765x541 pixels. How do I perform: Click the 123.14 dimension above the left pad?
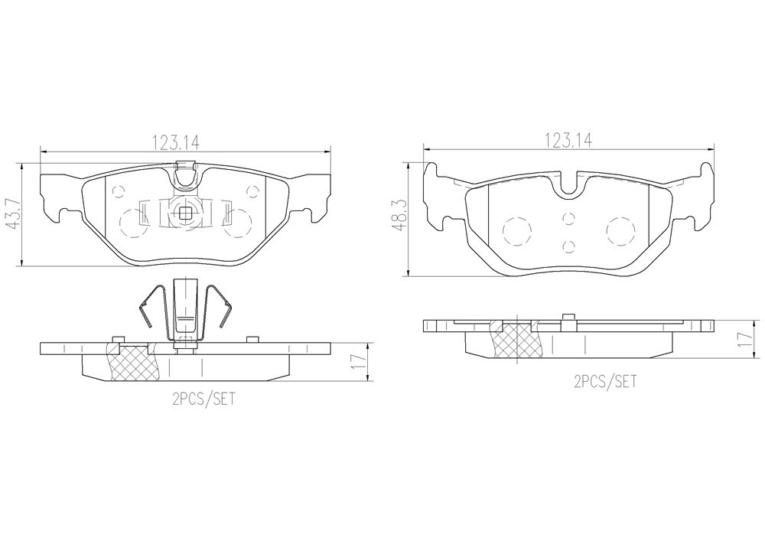(x=177, y=142)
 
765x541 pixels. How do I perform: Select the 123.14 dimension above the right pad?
(x=568, y=141)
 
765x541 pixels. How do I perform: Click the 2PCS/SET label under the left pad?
(x=203, y=399)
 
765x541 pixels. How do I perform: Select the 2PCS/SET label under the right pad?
(x=605, y=382)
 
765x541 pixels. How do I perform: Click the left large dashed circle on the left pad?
(x=133, y=223)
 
